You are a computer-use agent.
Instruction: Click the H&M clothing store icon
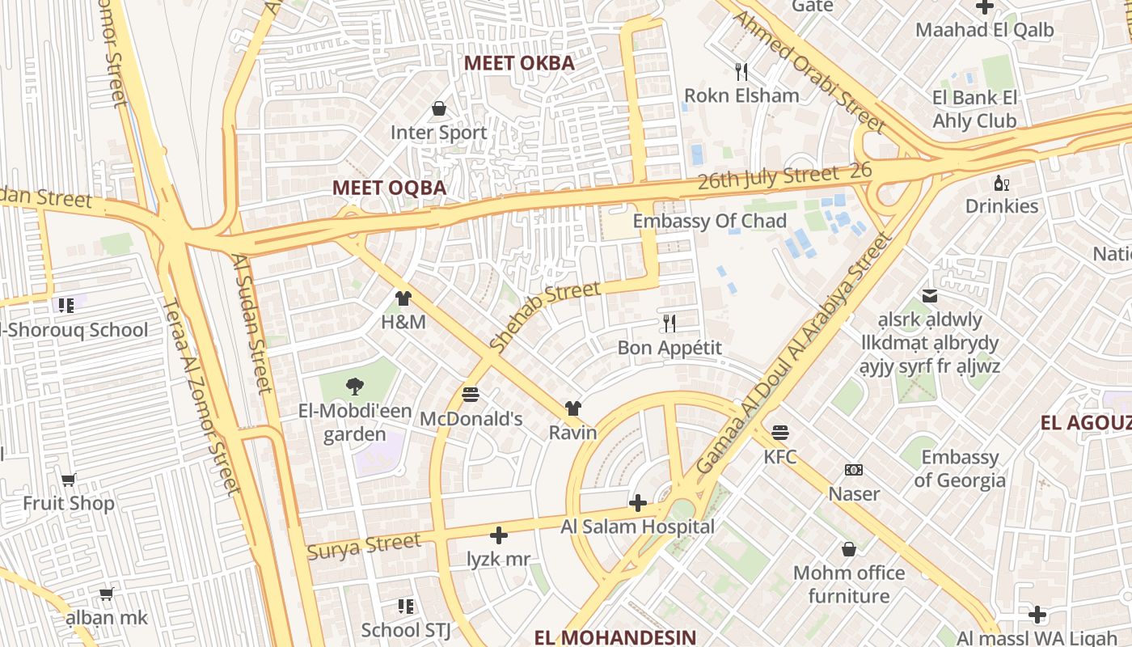(x=403, y=298)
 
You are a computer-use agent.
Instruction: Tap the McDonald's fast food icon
(x=471, y=395)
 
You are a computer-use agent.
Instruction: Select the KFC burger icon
(x=780, y=433)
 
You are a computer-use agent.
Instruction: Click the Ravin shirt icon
(x=572, y=408)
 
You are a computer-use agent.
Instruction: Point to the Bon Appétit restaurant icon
(x=669, y=323)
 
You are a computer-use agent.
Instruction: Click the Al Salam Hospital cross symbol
(x=638, y=504)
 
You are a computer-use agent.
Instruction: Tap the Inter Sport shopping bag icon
(x=439, y=108)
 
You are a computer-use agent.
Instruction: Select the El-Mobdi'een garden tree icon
(x=354, y=387)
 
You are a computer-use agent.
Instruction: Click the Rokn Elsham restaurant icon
(x=741, y=71)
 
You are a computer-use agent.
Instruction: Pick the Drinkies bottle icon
(x=1001, y=183)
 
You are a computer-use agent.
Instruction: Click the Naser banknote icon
(x=854, y=470)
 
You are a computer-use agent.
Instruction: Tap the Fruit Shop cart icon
(x=69, y=480)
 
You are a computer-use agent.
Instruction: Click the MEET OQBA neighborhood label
(x=389, y=188)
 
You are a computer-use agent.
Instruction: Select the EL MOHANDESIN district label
(x=615, y=636)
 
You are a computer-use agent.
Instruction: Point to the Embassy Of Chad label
(x=709, y=221)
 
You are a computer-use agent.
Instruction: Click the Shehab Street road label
(x=545, y=315)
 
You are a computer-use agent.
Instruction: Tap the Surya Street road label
(x=364, y=546)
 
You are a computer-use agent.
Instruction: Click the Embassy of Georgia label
(x=960, y=468)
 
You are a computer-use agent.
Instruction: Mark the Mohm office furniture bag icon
(x=849, y=549)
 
